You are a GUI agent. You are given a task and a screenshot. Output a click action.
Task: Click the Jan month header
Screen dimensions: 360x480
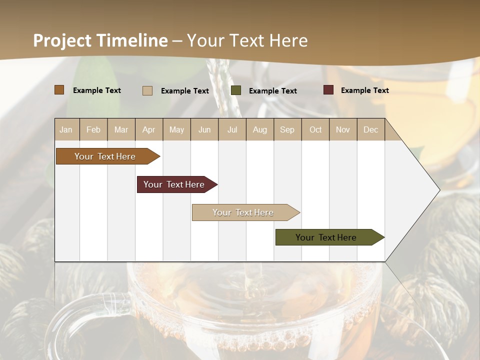[66, 129]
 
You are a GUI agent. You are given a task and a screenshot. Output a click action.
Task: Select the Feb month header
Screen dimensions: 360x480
[93, 129]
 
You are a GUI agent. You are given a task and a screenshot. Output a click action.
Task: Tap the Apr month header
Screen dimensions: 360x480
[149, 129]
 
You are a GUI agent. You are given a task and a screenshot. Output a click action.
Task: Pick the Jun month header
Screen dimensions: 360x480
[204, 129]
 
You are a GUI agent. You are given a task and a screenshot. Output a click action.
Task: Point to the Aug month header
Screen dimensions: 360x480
[260, 129]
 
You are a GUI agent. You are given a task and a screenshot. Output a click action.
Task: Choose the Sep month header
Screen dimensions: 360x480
[287, 129]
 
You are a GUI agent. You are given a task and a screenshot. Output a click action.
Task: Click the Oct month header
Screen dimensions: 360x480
[315, 129]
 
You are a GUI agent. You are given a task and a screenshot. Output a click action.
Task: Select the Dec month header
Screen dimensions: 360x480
[370, 129]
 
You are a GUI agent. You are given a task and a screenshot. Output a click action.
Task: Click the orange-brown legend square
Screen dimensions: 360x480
[59, 90]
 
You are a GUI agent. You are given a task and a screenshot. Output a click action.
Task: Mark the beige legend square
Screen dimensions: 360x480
[147, 90]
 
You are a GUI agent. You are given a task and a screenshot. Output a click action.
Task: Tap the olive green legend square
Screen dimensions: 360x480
[236, 90]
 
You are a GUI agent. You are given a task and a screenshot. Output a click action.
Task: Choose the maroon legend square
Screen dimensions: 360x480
[328, 90]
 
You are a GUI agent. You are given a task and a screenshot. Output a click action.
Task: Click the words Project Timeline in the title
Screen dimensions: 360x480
[100, 40]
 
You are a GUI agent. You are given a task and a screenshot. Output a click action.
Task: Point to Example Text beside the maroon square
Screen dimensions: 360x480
[364, 90]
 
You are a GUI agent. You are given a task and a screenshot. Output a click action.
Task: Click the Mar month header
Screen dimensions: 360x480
[121, 129]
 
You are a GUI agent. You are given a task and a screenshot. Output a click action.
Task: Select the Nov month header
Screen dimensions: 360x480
[343, 129]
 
